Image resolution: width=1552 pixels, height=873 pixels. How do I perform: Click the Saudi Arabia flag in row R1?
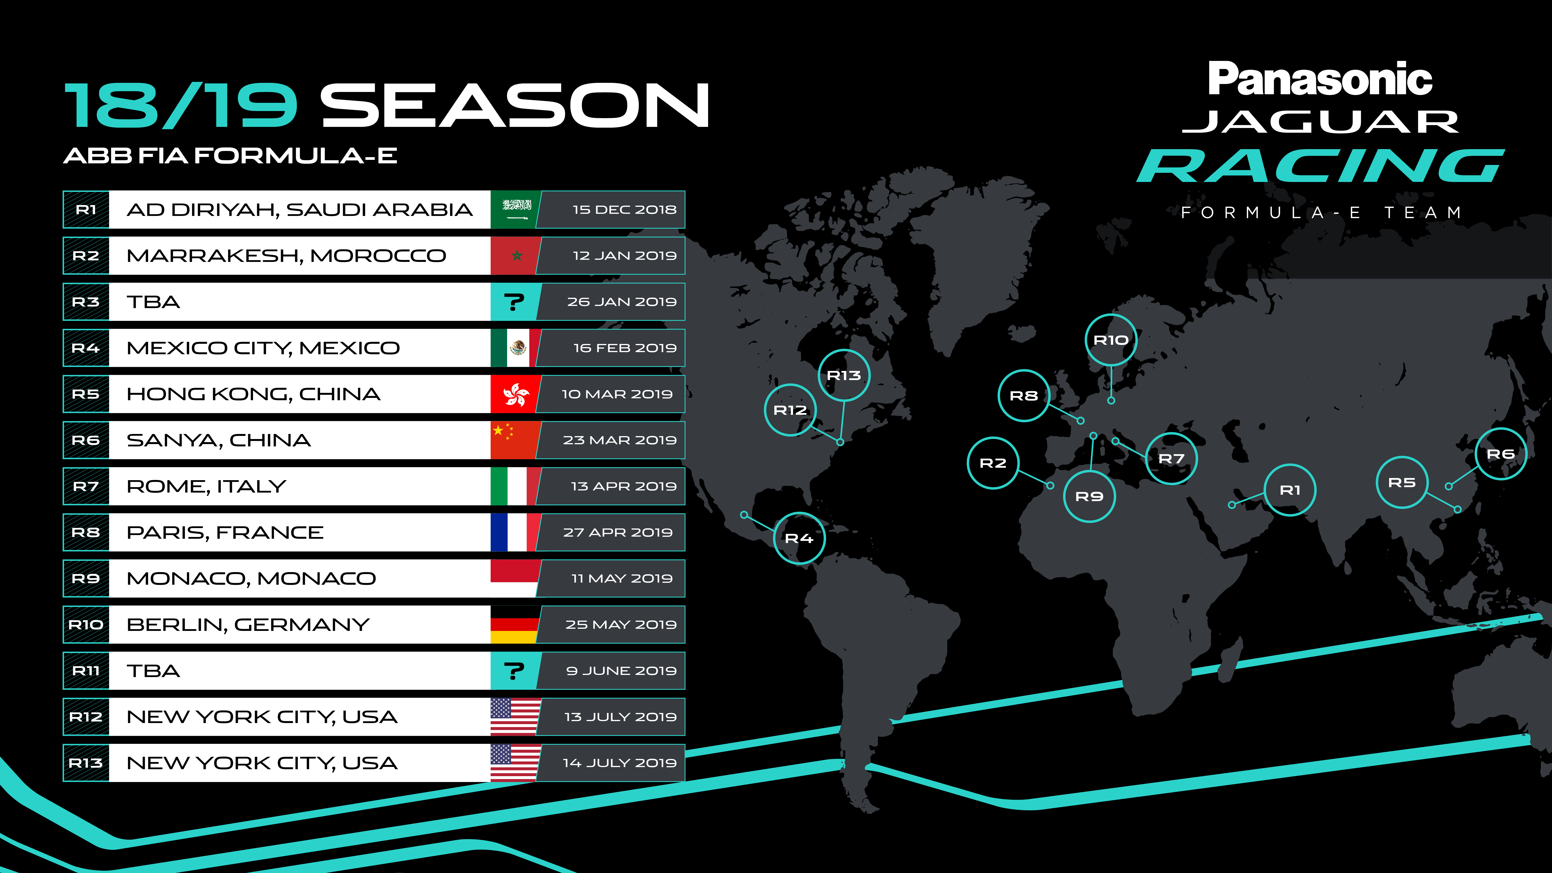pyautogui.click(x=515, y=210)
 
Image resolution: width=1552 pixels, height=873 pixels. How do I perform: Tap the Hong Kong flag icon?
pyautogui.click(x=515, y=394)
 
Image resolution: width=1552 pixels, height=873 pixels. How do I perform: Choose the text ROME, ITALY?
pyautogui.click(x=206, y=486)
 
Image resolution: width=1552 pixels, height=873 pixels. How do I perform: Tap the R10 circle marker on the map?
pyautogui.click(x=1111, y=340)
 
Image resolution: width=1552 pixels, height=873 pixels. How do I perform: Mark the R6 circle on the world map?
pyautogui.click(x=1501, y=454)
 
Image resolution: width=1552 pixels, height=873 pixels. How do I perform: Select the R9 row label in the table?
pyautogui.click(x=86, y=578)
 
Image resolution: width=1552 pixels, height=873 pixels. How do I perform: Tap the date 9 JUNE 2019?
pyautogui.click(x=621, y=671)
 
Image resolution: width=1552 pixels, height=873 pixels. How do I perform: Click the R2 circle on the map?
pyautogui.click(x=993, y=463)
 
